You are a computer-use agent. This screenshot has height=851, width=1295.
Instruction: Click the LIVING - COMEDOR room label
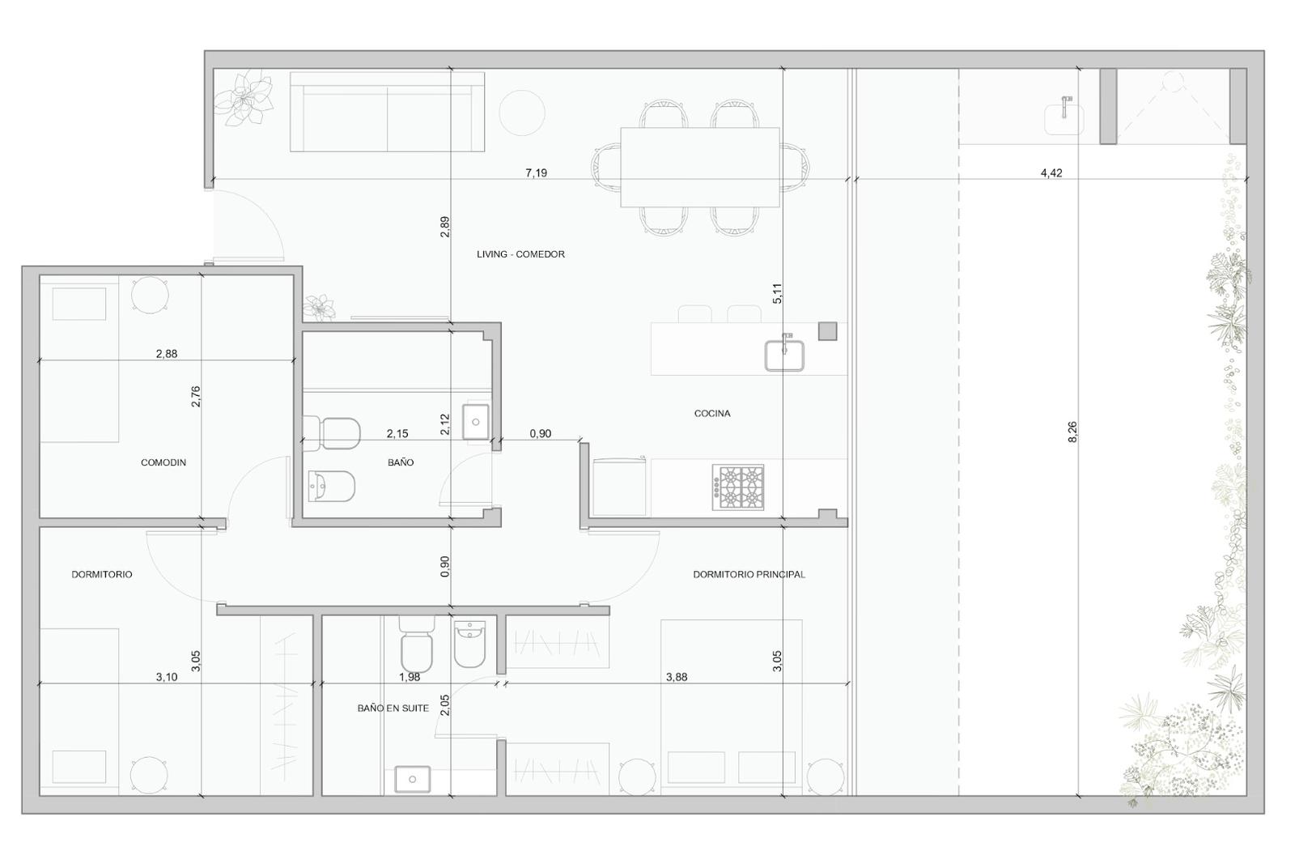520,254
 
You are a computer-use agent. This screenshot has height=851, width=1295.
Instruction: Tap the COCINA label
712,413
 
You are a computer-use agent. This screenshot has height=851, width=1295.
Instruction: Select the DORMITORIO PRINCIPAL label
749,574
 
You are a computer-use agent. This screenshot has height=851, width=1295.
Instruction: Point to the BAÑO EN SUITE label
393,708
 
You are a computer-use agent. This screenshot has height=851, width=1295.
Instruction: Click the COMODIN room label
163,462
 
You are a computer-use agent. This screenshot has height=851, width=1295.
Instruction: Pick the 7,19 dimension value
536,172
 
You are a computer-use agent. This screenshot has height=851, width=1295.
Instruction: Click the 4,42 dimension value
1051,172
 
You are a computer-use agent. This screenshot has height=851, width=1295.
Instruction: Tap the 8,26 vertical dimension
1072,432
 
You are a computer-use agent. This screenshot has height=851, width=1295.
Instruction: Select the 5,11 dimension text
777,293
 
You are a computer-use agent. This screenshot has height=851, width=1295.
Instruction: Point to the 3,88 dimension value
677,677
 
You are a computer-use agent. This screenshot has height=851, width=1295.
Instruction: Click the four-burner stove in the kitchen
737,487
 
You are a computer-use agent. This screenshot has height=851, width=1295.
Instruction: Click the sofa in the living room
387,112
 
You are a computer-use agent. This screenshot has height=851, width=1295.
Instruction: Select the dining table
699,167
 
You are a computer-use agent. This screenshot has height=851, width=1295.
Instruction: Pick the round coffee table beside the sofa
522,113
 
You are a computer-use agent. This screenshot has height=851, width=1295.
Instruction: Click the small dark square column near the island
827,331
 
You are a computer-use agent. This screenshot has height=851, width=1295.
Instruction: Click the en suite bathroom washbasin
412,779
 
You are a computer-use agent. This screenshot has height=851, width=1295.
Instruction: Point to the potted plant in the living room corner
244,98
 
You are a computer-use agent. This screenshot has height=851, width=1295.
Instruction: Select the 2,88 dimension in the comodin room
167,354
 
